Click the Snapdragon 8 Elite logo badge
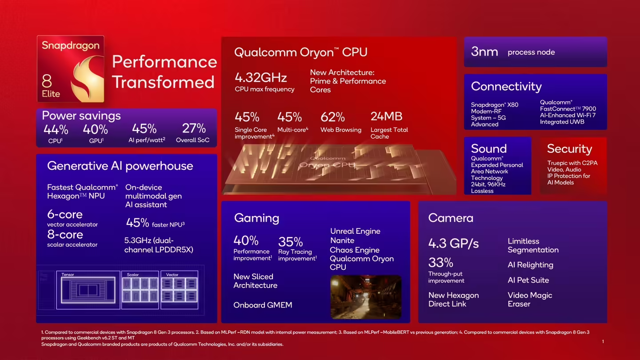click(71, 69)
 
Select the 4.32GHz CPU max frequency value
click(260, 77)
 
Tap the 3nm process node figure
click(484, 52)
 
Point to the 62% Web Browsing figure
click(332, 117)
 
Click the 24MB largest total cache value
click(386, 116)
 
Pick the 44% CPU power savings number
click(56, 130)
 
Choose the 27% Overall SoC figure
click(194, 128)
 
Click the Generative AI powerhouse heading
click(120, 166)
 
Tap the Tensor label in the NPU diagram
click(68, 275)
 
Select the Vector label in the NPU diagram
click(172, 275)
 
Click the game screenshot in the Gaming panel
click(366, 297)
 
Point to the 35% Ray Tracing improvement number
click(291, 242)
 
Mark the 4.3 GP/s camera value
click(453, 243)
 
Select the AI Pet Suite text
click(528, 280)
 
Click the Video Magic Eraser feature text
click(530, 300)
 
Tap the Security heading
click(569, 149)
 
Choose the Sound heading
click(488, 148)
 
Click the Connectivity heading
click(506, 86)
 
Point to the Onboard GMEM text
click(263, 305)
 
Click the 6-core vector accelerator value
click(65, 214)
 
